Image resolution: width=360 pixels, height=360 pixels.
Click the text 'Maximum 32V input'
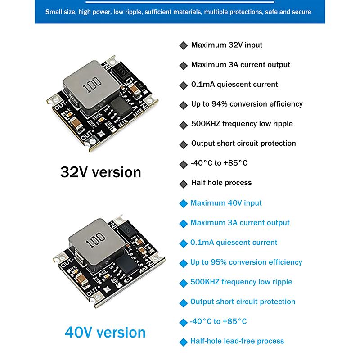click(x=226, y=45)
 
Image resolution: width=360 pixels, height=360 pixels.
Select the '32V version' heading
click(x=100, y=172)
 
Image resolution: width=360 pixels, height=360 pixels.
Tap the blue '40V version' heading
click(x=105, y=332)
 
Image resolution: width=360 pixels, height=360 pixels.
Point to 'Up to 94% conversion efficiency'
click(x=247, y=104)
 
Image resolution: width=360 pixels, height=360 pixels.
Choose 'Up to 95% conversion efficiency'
click(x=246, y=262)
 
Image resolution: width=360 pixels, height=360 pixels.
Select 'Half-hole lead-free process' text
click(x=237, y=341)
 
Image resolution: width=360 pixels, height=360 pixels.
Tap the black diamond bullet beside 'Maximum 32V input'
click(x=183, y=45)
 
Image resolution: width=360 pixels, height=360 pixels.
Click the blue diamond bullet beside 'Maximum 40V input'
click(x=183, y=203)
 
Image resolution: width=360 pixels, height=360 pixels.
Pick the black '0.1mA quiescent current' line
click(x=234, y=84)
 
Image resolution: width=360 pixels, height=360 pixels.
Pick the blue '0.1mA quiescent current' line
click(x=234, y=243)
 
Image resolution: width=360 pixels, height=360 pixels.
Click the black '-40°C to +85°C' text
click(x=219, y=163)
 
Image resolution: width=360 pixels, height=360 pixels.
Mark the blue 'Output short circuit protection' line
click(x=243, y=301)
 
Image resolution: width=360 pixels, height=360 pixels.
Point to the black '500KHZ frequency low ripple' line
click(x=242, y=124)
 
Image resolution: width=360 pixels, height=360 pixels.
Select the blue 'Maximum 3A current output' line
click(x=240, y=223)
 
